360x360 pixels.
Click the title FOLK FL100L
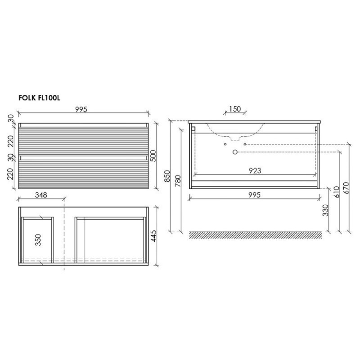click(x=39, y=98)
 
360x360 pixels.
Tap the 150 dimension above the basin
click(x=235, y=108)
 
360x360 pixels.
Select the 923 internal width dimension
click(x=255, y=171)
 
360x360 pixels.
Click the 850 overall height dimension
click(x=167, y=176)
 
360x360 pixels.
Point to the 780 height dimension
click(x=178, y=181)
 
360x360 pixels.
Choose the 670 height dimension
click(x=346, y=188)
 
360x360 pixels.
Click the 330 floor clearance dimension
click(x=325, y=210)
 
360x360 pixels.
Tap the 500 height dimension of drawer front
click(x=153, y=156)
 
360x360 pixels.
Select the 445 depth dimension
click(x=153, y=236)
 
